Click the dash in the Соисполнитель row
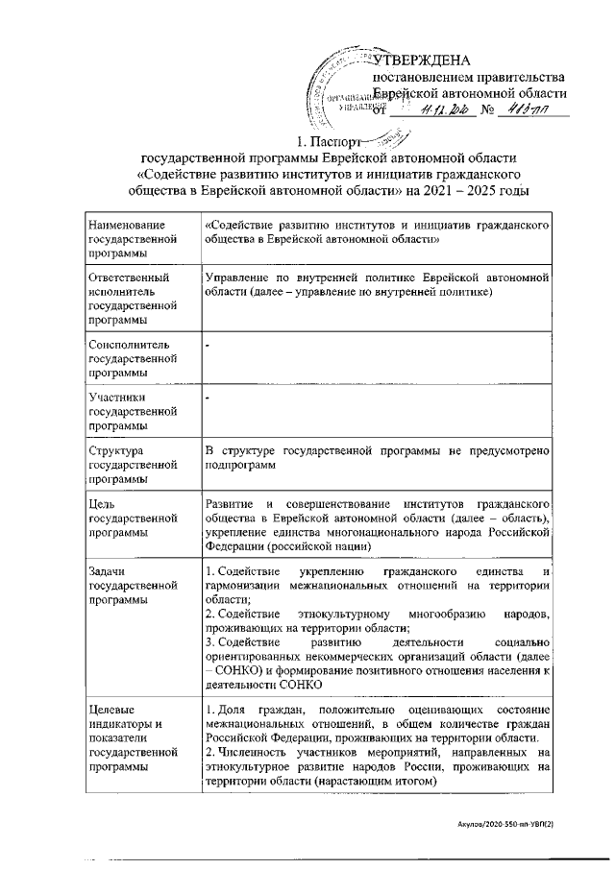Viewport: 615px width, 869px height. pos(208,343)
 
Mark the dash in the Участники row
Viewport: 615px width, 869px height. pos(208,396)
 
